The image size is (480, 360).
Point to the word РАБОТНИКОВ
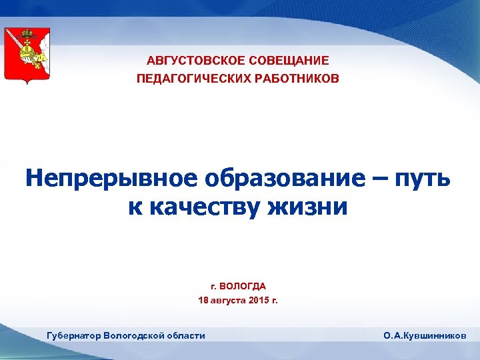pyautogui.click(x=295, y=79)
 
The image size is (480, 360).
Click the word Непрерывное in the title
pyautogui.click(x=111, y=178)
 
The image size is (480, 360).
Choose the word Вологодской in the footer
pyautogui.click(x=136, y=335)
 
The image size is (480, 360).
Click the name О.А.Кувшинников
pyautogui.click(x=425, y=336)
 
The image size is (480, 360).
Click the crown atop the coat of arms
pyautogui.click(x=27, y=34)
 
